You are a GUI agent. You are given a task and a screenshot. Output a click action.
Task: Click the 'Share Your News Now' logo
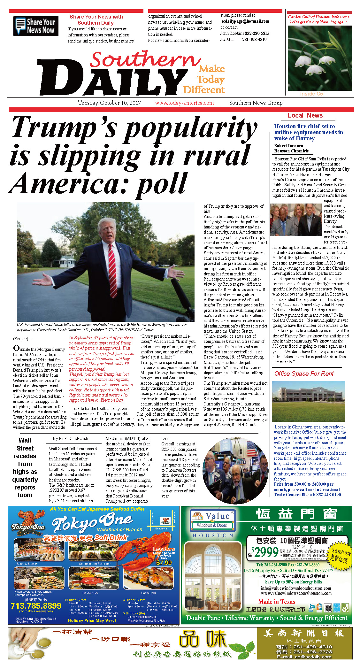[x=35, y=26]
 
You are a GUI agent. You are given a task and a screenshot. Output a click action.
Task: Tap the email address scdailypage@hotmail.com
[x=245, y=21]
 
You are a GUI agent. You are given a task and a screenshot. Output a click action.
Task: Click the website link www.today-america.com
[x=184, y=103]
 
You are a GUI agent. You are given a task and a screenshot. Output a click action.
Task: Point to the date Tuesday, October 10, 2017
[x=110, y=103]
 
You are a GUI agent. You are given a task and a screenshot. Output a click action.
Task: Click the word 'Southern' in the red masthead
[x=145, y=60]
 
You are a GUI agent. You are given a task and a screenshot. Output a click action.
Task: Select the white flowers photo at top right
[x=319, y=58]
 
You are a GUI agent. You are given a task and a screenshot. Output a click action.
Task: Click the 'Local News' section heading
[x=305, y=116]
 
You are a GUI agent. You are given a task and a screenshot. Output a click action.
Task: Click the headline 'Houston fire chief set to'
[x=304, y=126]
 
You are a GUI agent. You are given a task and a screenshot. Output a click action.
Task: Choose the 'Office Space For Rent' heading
[x=304, y=374]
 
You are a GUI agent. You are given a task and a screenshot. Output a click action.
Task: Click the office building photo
[x=308, y=401]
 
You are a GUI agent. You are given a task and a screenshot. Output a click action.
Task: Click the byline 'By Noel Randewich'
[x=70, y=438]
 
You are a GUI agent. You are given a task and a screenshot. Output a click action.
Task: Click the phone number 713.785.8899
[x=36, y=606]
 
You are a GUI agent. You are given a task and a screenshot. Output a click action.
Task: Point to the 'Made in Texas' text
[x=277, y=602]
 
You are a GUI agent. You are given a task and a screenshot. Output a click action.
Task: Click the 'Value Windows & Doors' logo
[x=212, y=520]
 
